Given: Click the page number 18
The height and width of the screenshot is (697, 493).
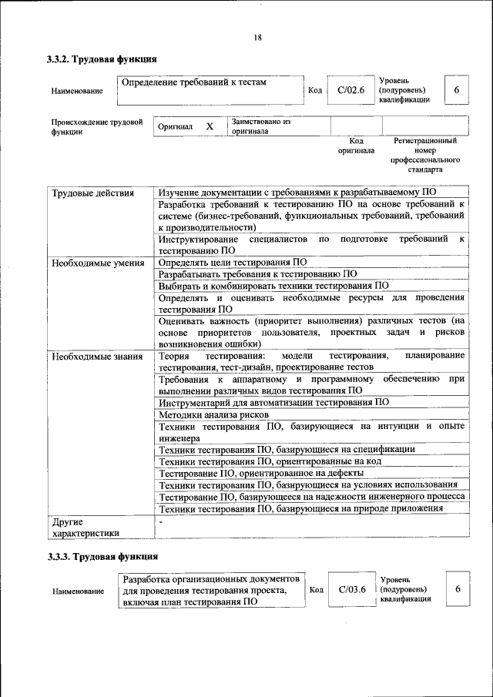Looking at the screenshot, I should point(257,38).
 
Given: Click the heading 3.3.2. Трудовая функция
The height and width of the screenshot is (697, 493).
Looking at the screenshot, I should point(102,59).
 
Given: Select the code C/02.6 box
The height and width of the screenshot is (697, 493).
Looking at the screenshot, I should point(349,90).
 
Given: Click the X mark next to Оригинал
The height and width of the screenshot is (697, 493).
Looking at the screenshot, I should point(209,126).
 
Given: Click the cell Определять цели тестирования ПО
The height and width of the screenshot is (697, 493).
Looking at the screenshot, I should point(232,263).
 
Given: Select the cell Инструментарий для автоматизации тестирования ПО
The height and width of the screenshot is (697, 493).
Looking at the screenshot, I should point(273,402).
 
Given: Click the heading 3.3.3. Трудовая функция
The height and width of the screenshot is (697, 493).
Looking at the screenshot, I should point(102,557).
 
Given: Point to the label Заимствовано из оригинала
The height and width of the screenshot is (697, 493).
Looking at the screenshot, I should point(261,126).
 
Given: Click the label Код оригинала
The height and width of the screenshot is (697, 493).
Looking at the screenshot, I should point(356,146).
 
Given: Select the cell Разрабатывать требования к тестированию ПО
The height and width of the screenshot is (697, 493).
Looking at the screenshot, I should point(257,273).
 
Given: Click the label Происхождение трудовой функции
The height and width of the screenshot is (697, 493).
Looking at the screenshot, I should point(96,126).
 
